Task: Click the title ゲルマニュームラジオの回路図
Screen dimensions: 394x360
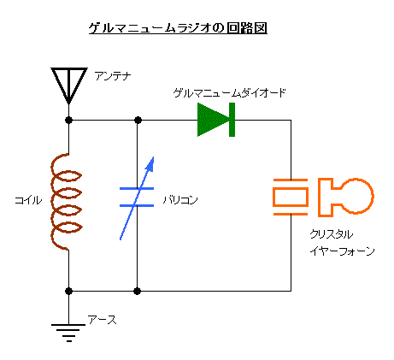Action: (x=178, y=28)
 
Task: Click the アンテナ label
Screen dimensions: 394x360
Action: (x=113, y=76)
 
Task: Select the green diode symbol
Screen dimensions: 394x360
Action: (x=216, y=120)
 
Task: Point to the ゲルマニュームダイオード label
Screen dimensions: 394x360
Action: (x=229, y=93)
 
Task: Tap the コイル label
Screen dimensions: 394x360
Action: (x=28, y=200)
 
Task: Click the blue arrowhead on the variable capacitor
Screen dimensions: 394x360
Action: (x=150, y=164)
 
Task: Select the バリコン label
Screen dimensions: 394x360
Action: (x=180, y=200)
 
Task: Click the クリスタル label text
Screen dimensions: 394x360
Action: (x=332, y=234)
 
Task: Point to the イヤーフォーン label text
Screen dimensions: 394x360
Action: (x=342, y=251)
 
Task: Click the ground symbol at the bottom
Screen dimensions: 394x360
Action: (x=68, y=333)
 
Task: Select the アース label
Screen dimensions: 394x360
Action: (x=103, y=320)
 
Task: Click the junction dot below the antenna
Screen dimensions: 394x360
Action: (x=68, y=120)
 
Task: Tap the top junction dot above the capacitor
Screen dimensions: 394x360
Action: (x=138, y=120)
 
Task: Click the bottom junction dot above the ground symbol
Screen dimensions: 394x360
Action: (x=68, y=291)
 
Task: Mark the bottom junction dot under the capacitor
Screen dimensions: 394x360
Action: (x=138, y=291)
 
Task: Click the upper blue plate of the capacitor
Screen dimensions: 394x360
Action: (x=137, y=188)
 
